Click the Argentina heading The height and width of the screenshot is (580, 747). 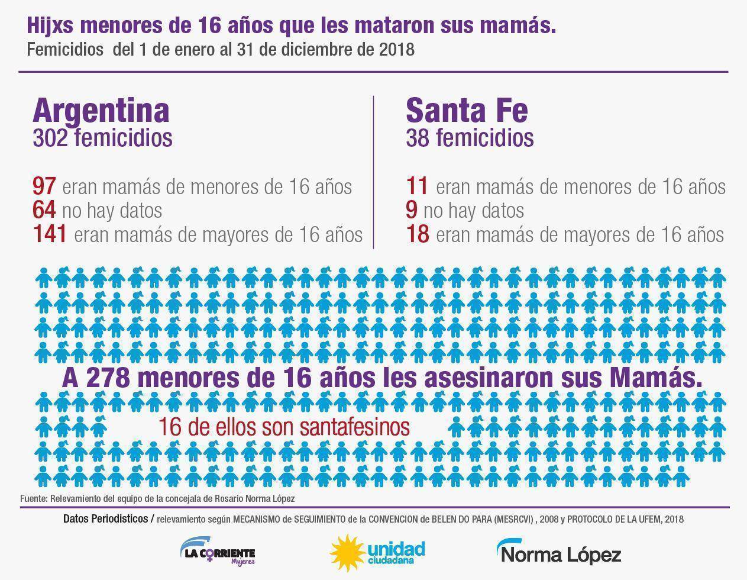(x=101, y=111)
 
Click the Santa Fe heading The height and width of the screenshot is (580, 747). (x=467, y=111)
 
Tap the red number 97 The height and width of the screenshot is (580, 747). (x=44, y=187)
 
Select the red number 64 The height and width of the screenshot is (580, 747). (x=44, y=210)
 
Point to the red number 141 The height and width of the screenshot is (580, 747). (x=50, y=234)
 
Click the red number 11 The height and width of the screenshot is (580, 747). (x=417, y=187)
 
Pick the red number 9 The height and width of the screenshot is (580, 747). (x=412, y=210)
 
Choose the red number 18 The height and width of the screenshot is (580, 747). (x=418, y=234)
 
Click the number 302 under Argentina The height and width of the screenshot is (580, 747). (x=50, y=138)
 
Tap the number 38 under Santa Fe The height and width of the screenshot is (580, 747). (x=418, y=138)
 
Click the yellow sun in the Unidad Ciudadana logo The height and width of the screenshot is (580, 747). (x=346, y=553)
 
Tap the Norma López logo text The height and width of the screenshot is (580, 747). (x=559, y=554)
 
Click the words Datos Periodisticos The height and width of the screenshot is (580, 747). (x=105, y=519)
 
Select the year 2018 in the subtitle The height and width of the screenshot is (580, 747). (x=396, y=49)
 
